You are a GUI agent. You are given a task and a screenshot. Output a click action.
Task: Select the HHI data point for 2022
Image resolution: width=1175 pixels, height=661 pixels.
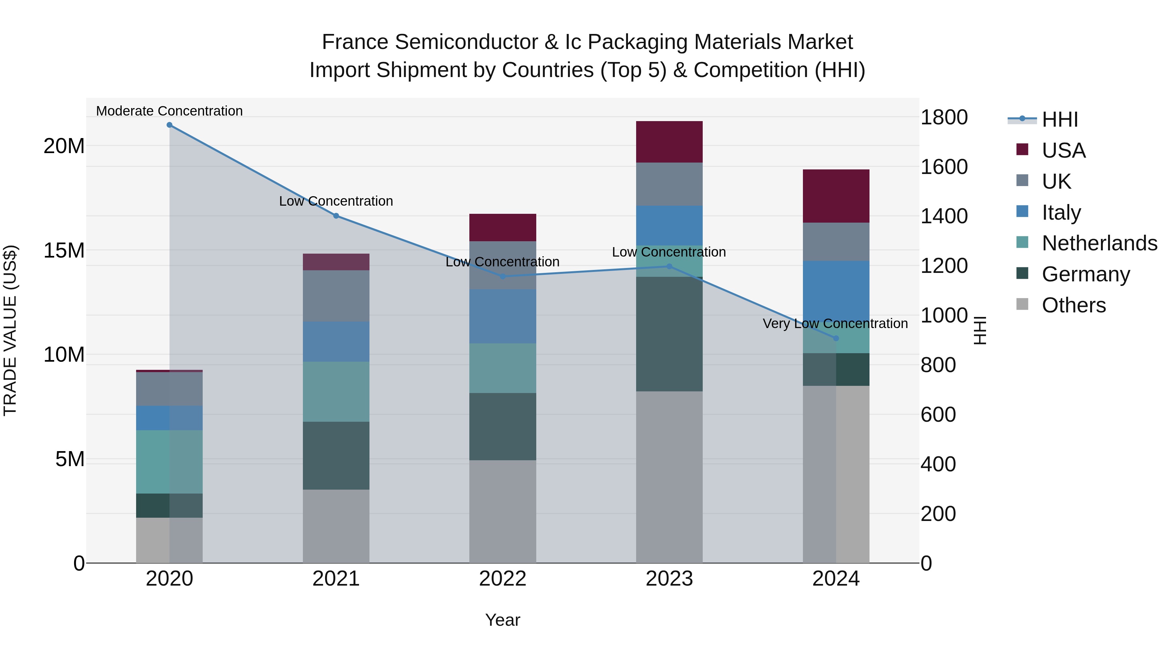[x=503, y=276]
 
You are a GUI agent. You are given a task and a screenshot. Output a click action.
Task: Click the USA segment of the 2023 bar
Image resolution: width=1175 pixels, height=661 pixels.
[x=669, y=142]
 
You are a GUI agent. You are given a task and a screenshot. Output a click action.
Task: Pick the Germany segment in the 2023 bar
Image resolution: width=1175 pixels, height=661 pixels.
[x=669, y=334]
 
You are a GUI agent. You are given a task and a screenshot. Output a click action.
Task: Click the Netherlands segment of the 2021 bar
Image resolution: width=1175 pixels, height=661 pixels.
[x=336, y=391]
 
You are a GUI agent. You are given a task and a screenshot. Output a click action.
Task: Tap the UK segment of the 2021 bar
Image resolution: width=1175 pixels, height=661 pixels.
[x=336, y=296]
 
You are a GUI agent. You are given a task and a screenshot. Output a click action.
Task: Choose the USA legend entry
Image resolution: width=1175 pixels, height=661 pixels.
[x=1063, y=150]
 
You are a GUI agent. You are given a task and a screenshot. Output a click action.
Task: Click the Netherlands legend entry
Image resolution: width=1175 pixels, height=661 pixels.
[x=1099, y=243]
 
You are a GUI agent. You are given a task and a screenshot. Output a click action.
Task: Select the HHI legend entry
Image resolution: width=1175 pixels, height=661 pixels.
[x=1059, y=119]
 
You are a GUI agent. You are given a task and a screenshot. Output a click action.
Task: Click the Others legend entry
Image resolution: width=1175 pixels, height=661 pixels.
[x=1073, y=305]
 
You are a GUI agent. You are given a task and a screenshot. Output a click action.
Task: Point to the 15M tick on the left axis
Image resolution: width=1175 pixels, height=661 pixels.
[x=64, y=250]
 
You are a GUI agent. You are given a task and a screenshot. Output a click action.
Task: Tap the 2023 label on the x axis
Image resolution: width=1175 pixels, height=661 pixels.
[x=669, y=579]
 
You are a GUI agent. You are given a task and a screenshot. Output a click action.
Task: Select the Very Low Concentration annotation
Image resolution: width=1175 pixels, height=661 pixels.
[x=835, y=323]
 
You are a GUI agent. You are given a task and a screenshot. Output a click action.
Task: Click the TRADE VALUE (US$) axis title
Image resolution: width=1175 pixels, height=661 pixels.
[x=10, y=330]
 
